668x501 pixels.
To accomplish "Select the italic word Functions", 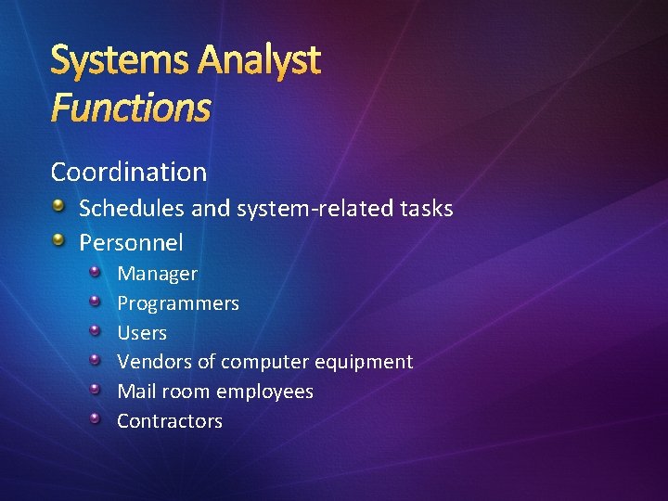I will [131, 108].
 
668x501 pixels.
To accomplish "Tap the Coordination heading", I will [129, 172].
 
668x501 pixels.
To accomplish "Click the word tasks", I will [427, 208].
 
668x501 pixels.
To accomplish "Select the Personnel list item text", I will [131, 243].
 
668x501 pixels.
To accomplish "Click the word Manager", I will [157, 274].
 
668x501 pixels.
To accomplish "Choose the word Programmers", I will [177, 303].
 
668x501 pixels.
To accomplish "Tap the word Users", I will [142, 332].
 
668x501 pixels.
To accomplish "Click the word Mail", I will [135, 392].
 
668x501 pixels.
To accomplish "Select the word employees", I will [268, 392].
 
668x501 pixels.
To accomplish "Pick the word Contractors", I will [170, 421].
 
